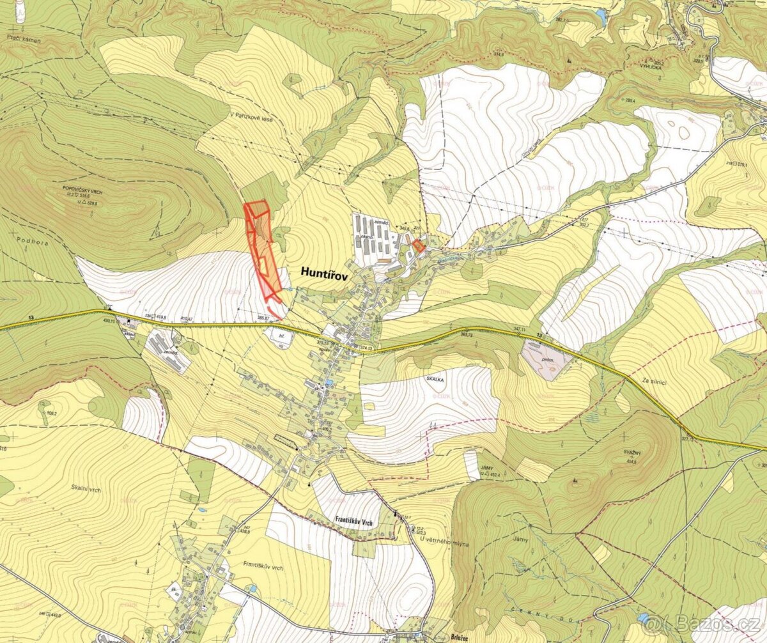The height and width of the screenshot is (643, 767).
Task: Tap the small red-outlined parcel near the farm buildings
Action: coord(419,245)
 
